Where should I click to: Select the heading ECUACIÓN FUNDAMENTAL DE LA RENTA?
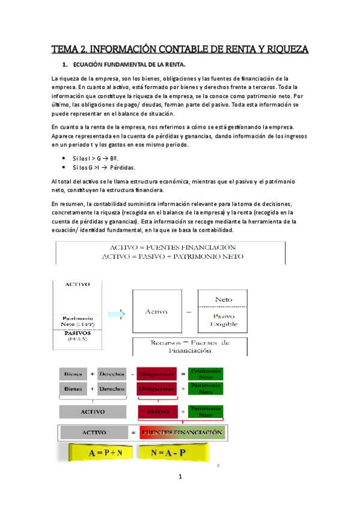[129, 64]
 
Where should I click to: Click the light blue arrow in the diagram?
[121, 313]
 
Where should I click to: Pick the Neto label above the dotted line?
[223, 298]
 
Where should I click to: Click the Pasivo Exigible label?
[223, 320]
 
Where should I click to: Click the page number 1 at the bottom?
[179, 477]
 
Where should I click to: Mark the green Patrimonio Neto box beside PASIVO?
[206, 412]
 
